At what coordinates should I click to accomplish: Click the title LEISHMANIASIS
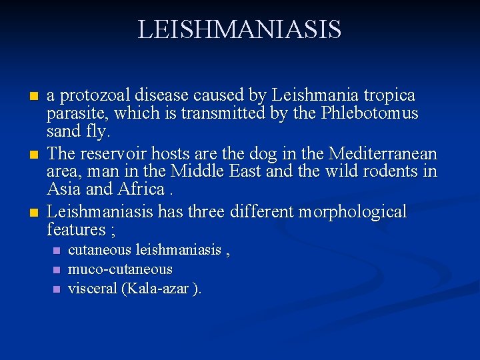click(239, 30)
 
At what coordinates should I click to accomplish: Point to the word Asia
click(64, 189)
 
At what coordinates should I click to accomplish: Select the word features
click(75, 230)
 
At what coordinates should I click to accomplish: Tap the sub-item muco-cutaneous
click(120, 269)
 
